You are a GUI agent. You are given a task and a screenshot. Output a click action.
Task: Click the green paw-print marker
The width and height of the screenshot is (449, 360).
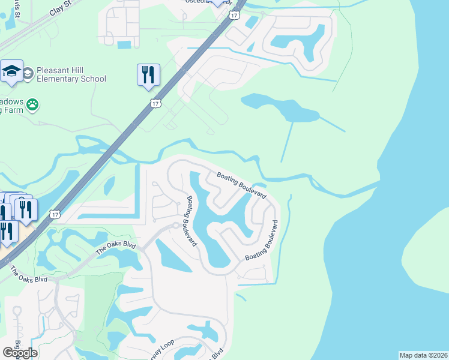32,104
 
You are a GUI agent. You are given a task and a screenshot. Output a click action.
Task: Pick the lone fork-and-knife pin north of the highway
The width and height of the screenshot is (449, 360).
148,75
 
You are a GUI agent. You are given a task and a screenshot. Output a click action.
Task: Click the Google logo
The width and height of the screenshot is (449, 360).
20,352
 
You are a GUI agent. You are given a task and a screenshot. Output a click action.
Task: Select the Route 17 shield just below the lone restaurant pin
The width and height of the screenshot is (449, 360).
155,104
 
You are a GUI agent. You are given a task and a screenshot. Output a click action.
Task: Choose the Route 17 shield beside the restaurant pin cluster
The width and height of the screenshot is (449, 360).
55,214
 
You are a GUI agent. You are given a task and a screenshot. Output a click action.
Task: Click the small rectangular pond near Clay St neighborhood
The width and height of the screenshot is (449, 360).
124,44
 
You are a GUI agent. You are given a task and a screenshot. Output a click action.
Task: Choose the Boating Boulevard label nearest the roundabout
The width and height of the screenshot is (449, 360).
191,221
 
